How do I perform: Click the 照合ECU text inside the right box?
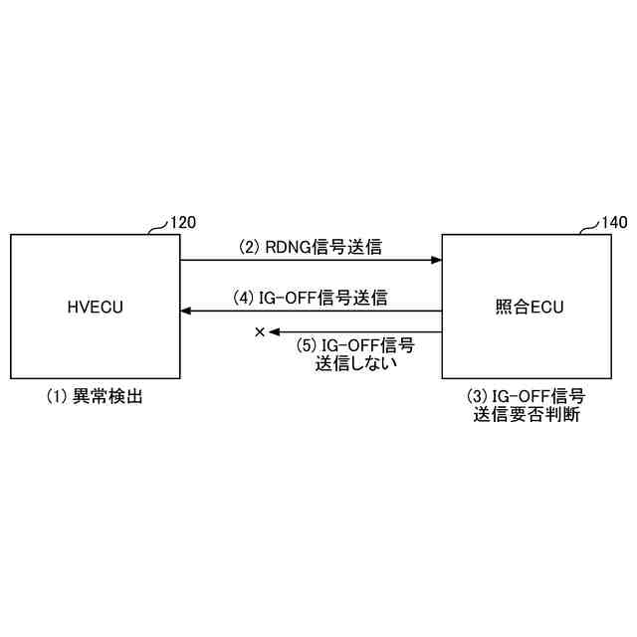(x=529, y=307)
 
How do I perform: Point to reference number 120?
(x=184, y=223)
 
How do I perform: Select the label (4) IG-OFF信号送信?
(x=310, y=297)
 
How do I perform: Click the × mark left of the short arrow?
(x=260, y=332)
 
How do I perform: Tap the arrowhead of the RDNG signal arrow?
(x=436, y=261)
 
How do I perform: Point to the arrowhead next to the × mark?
(x=276, y=332)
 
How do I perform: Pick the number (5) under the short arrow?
(x=308, y=345)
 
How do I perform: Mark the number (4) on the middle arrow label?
(x=244, y=297)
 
